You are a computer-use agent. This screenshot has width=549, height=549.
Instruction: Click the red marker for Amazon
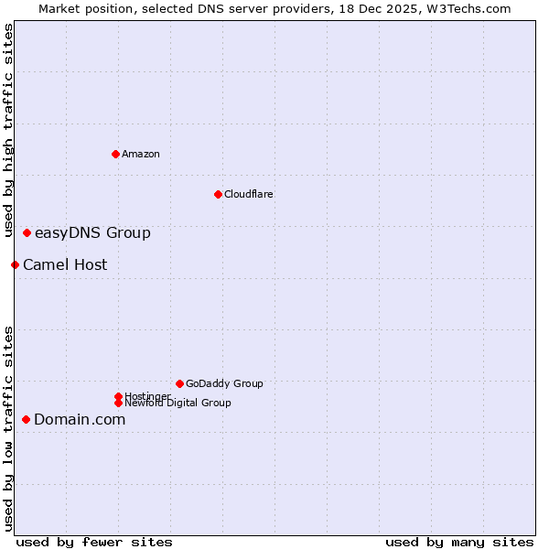[x=115, y=154]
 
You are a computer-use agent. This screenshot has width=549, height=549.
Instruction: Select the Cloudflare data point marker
[x=218, y=194]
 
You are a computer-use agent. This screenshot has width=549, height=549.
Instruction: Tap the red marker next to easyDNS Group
[x=27, y=233]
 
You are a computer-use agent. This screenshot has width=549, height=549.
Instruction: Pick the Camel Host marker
[x=16, y=265]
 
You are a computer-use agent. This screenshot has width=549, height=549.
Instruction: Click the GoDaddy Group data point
[x=179, y=383]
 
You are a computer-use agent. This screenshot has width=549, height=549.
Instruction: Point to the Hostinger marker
[x=118, y=396]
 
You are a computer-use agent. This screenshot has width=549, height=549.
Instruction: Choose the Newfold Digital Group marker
[x=118, y=403]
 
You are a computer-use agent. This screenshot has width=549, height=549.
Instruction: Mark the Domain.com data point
[x=27, y=419]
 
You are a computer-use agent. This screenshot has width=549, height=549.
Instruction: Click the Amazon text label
[x=141, y=154]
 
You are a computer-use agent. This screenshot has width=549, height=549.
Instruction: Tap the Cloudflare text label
[x=248, y=194]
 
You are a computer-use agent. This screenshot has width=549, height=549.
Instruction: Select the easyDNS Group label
[x=92, y=233]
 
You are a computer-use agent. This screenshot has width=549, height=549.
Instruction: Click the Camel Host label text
[x=65, y=265]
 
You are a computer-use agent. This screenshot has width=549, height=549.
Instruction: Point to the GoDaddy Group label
[x=224, y=383]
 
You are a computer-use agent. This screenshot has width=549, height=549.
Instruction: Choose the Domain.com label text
[x=80, y=420]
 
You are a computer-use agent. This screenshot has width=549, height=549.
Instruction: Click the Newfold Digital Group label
[x=178, y=403]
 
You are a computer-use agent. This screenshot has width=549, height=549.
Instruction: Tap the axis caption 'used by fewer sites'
[x=94, y=542]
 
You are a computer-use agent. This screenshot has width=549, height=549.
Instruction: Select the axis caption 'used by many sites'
[x=459, y=542]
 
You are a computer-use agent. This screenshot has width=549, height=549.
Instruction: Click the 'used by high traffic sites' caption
[x=9, y=130]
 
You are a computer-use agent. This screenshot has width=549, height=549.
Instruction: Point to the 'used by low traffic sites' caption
[x=9, y=427]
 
